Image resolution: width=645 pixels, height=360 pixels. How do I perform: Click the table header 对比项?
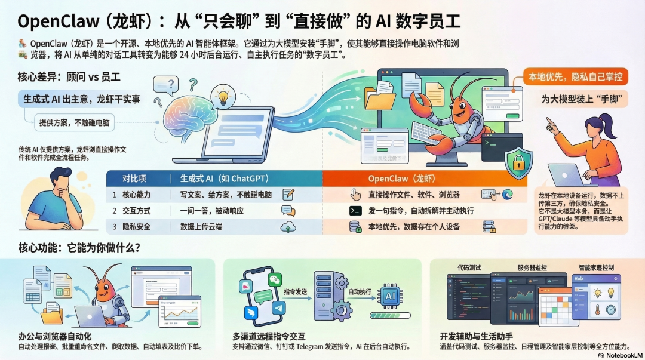pos(135,178)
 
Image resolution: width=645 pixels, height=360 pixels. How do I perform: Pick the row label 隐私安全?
pos(137,227)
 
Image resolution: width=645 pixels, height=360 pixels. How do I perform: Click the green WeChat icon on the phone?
pos(274,279)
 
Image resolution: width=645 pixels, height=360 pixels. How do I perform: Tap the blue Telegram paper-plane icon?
pos(278,309)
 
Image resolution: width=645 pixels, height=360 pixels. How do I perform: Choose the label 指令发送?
pos(296,291)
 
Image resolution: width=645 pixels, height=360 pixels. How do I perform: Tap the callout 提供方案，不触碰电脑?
pos(72,123)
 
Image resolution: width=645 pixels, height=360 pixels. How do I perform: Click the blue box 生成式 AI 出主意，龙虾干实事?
pos(82,99)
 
